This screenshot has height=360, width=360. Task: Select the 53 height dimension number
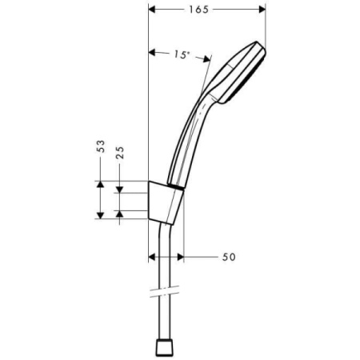pos(100,147)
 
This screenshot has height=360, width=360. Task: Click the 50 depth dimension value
pos(229,257)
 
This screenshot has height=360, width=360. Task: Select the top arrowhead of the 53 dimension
pos(100,184)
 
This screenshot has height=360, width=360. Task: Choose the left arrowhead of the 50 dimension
pos(154,257)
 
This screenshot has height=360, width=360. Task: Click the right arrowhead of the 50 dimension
pos(182,257)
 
